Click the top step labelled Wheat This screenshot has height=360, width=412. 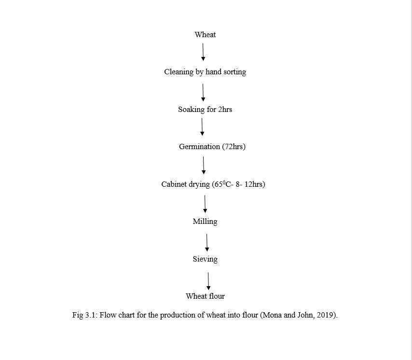pos(205,35)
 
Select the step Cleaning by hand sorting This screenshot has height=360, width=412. pos(205,72)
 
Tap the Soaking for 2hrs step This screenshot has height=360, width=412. pos(205,110)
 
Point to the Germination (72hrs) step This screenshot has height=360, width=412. pos(212,147)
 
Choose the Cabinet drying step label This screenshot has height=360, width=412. pos(213,184)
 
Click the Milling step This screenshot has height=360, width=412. pos(205,222)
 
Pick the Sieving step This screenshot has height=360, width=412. pos(205,259)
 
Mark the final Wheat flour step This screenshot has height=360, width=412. pos(205,296)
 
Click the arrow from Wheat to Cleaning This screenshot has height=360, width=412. pos(203,52)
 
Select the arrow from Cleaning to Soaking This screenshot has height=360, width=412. pos(203,92)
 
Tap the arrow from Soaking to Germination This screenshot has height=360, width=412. pos(202,127)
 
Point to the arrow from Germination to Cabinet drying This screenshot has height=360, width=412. pos(204,165)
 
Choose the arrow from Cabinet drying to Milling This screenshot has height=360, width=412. pos(205,204)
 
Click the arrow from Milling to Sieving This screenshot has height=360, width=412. pos(207,243)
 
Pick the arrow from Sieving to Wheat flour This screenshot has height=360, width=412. pos(208,281)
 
